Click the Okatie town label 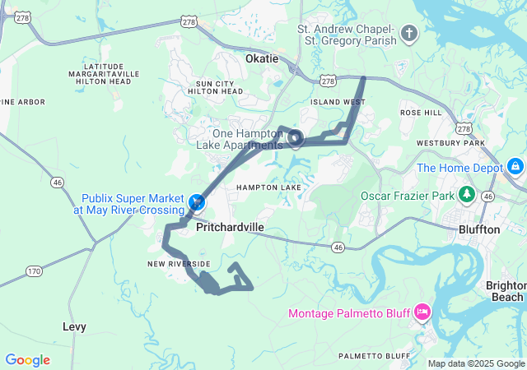[x=262, y=59]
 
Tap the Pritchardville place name [x=231, y=231]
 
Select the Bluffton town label [x=478, y=229]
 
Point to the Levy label [x=74, y=326]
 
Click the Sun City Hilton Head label [x=219, y=88]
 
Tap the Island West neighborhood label [x=338, y=102]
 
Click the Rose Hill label [x=421, y=112]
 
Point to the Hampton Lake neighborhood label [x=269, y=187]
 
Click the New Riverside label [x=179, y=263]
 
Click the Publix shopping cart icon [x=197, y=201]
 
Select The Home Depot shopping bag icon [x=515, y=167]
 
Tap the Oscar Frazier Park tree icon [x=468, y=195]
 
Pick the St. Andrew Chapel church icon [x=409, y=34]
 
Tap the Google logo [x=27, y=360]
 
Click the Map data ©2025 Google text [x=476, y=363]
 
